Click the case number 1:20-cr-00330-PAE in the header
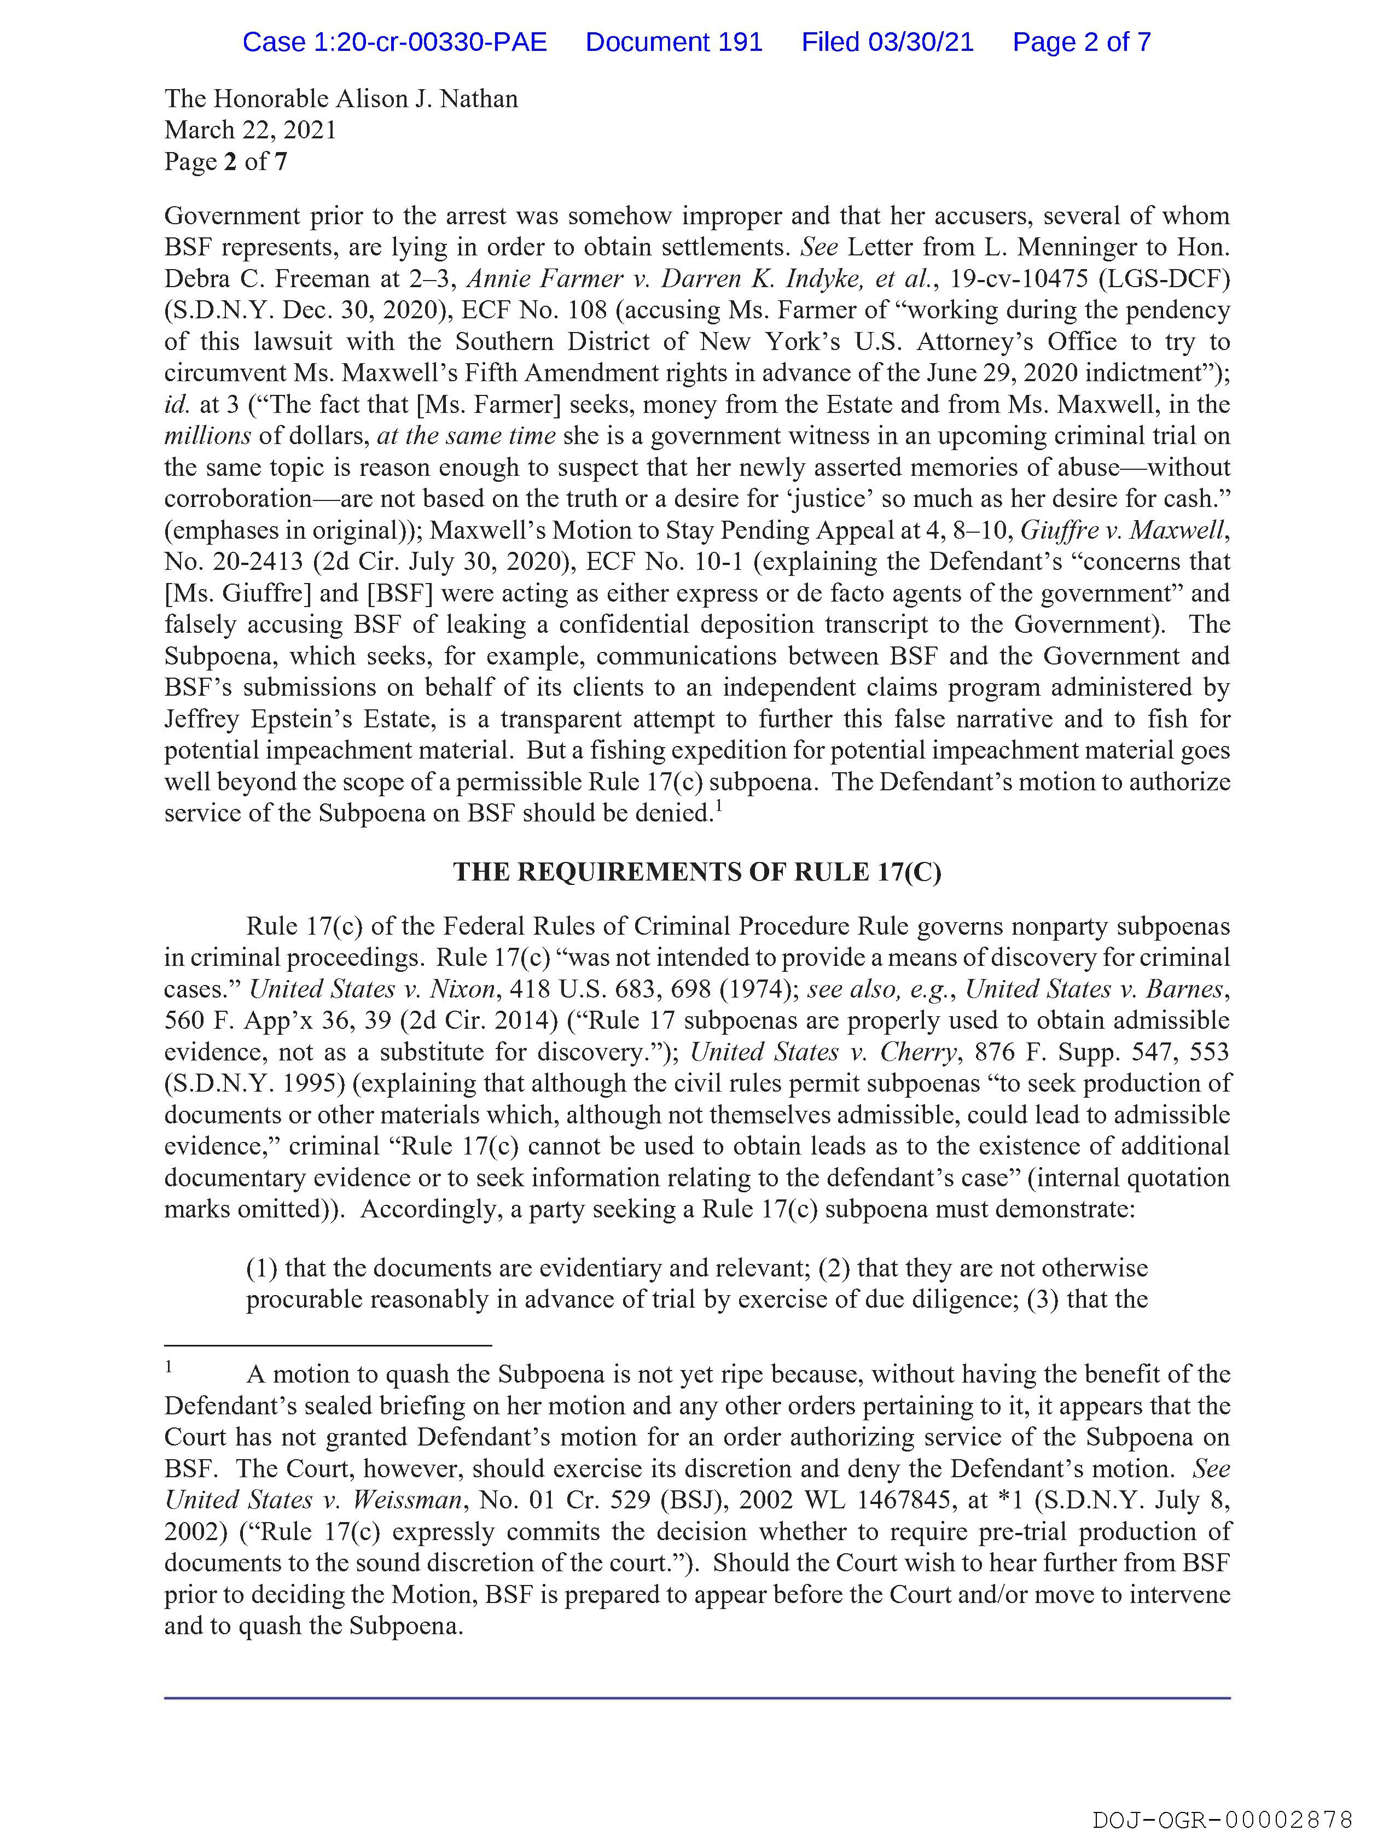pyautogui.click(x=394, y=42)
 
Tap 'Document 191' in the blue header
pyautogui.click(x=673, y=42)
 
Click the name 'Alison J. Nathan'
pyautogui.click(x=426, y=99)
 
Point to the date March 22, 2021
pyautogui.click(x=250, y=130)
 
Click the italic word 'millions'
pyautogui.click(x=207, y=436)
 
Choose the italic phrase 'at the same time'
pyautogui.click(x=466, y=436)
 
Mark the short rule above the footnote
pyautogui.click(x=328, y=1345)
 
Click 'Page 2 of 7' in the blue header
pyautogui.click(x=1081, y=42)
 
